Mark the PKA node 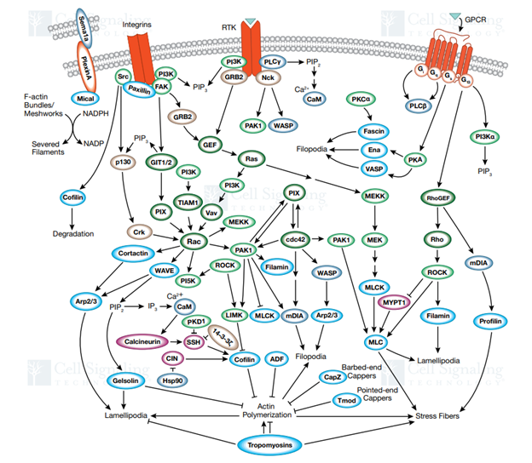417,159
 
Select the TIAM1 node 187,203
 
